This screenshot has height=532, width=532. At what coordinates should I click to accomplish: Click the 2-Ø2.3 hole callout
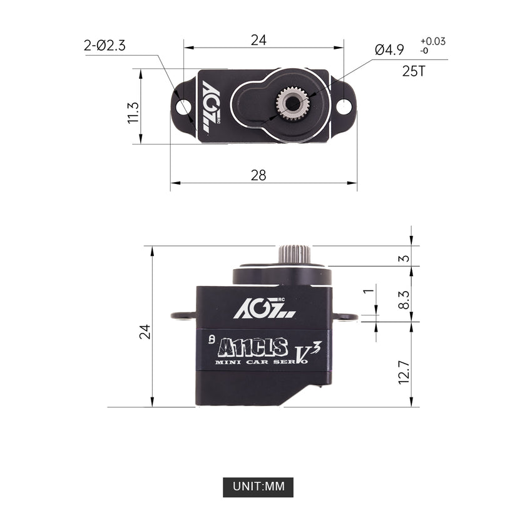(105, 46)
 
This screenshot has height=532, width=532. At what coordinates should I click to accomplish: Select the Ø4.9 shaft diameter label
(389, 49)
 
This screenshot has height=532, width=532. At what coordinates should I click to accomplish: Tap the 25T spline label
(414, 71)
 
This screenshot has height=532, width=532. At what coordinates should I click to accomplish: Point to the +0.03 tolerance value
(433, 41)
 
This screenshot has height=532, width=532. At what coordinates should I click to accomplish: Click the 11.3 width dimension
(133, 113)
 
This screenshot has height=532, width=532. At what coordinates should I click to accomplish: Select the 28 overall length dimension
(258, 175)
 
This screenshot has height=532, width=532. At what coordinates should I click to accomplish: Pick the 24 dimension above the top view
(258, 40)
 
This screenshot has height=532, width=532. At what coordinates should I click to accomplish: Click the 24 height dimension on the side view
(145, 332)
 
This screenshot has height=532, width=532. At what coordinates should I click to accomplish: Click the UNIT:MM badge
(258, 487)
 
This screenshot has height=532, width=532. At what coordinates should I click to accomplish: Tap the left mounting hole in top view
(183, 107)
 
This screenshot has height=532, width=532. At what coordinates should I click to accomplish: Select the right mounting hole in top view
(344, 106)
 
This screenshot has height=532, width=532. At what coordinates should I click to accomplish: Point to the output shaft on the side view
(295, 255)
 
